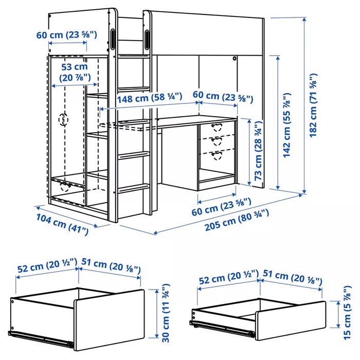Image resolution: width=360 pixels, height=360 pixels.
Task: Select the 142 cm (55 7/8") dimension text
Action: [x=287, y=127]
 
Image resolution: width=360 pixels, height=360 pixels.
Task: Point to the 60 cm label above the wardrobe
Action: [x=65, y=35]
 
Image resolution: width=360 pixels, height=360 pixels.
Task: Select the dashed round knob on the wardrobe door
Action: [x=64, y=119]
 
